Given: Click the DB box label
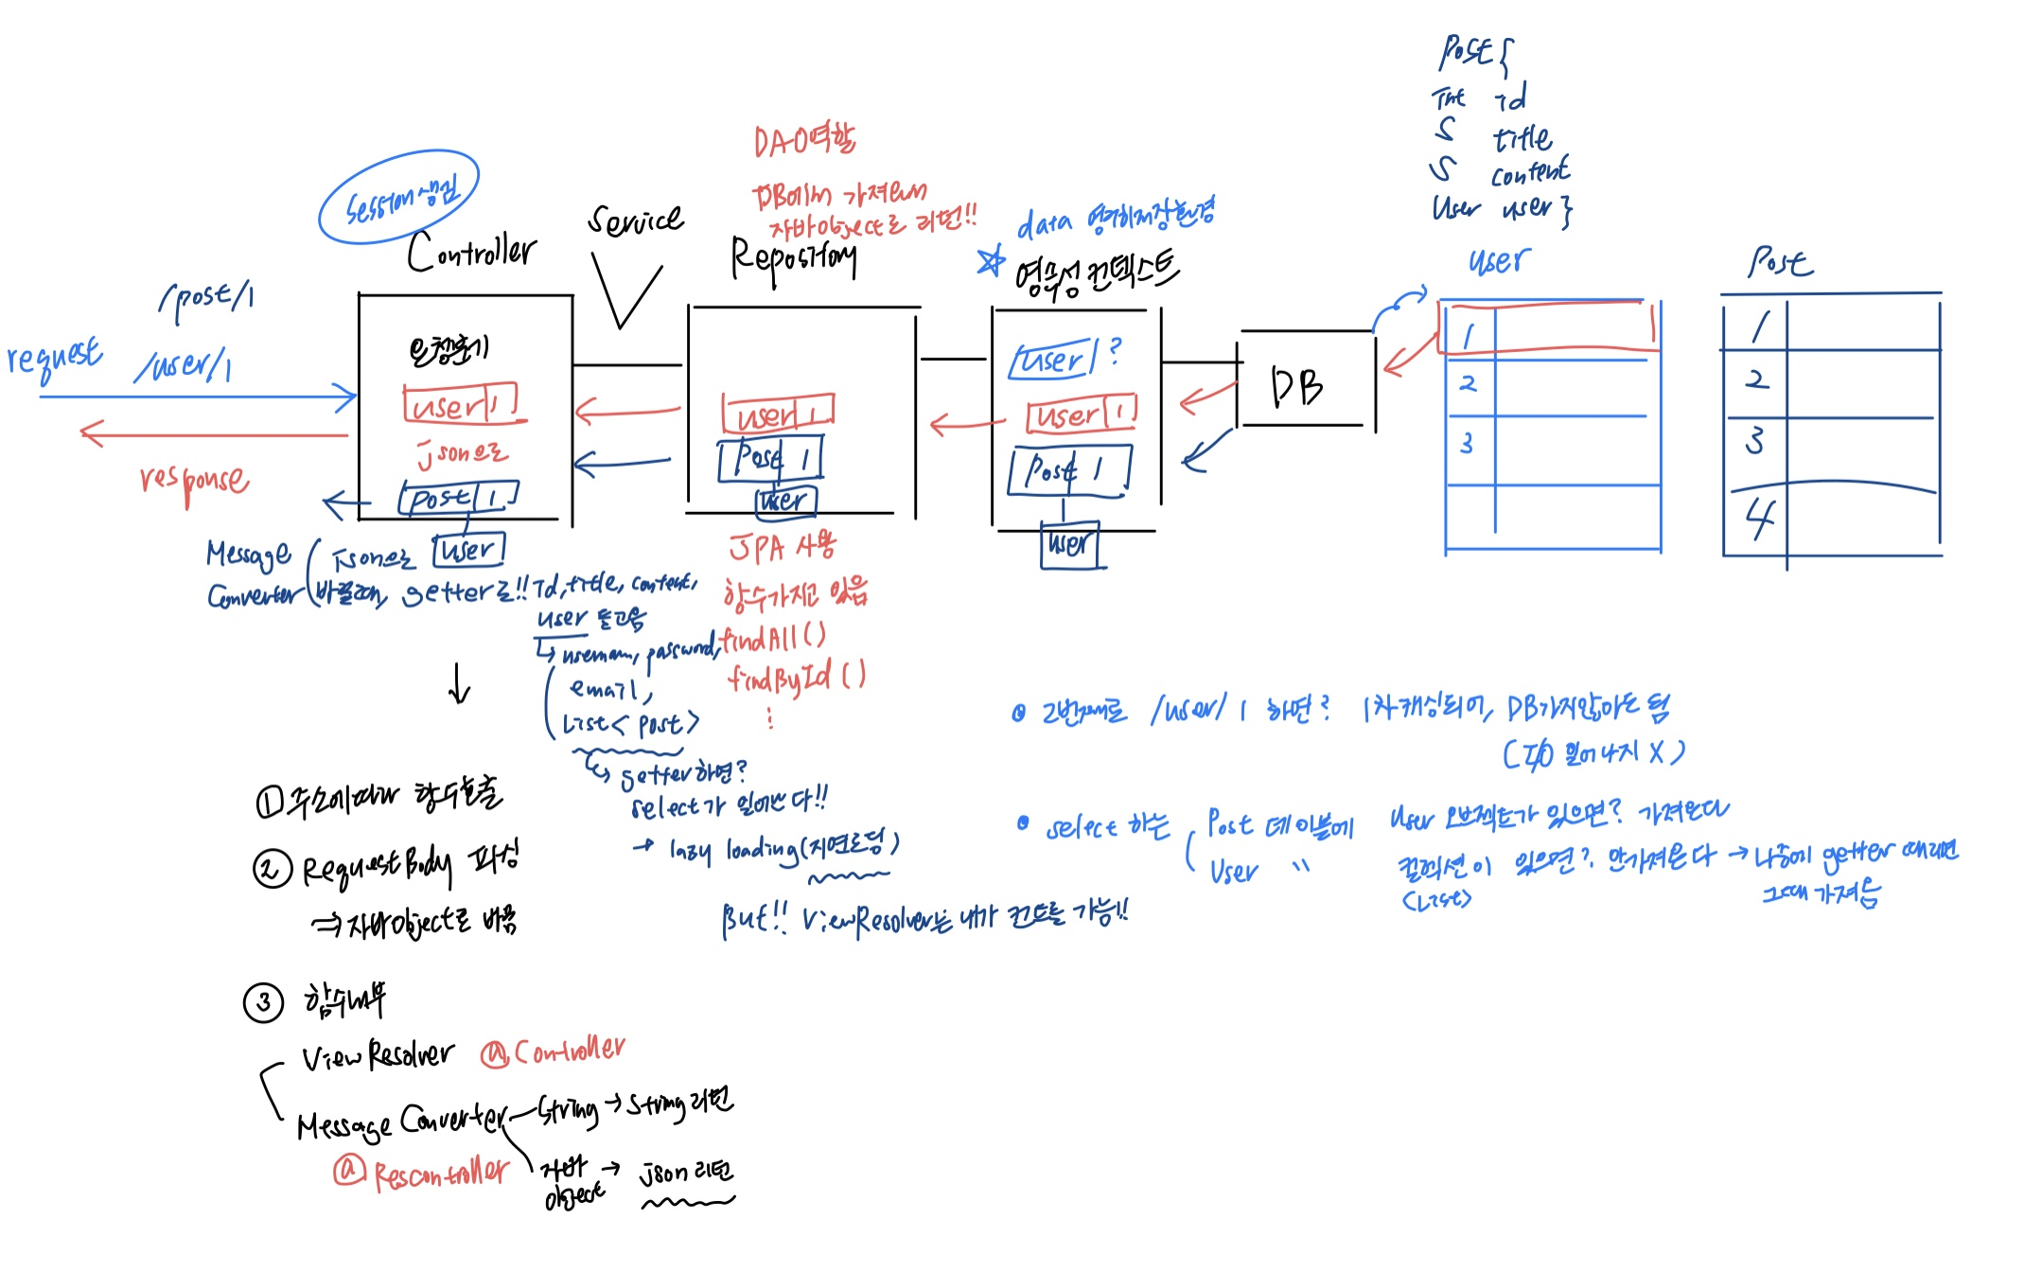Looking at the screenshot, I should pyautogui.click(x=1297, y=386).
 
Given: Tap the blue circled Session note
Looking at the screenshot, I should pyautogui.click(x=399, y=198).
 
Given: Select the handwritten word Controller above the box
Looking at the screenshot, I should pyautogui.click(x=471, y=251).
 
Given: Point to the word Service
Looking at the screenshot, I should pyautogui.click(x=635, y=221).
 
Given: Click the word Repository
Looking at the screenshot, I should pyautogui.click(x=793, y=257).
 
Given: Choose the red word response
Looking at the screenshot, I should pyautogui.click(x=195, y=480).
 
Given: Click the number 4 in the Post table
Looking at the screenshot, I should pyautogui.click(x=1759, y=518).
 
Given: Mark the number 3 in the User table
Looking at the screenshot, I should pyautogui.click(x=1467, y=443).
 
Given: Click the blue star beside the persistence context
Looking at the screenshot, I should pyautogui.click(x=991, y=260).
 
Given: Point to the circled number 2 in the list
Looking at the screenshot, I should pyautogui.click(x=272, y=868).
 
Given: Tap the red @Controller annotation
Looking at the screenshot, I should pyautogui.click(x=553, y=1050).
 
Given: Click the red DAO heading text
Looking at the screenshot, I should pyautogui.click(x=804, y=142).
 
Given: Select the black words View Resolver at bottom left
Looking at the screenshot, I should pyautogui.click(x=377, y=1055).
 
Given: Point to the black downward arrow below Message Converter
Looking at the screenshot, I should pyautogui.click(x=460, y=683).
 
